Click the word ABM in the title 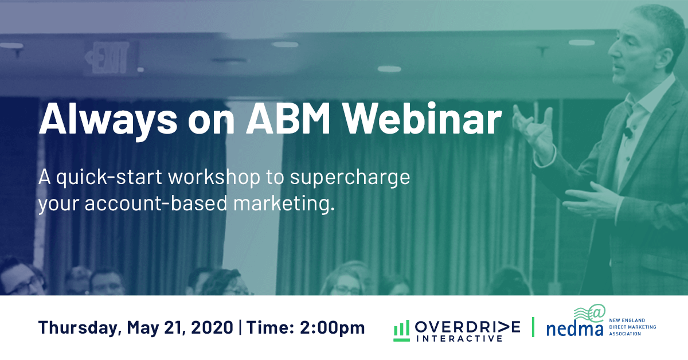click(x=288, y=119)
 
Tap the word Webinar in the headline click(x=422, y=118)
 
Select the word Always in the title click(x=108, y=122)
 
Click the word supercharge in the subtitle click(x=350, y=178)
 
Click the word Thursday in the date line click(x=79, y=327)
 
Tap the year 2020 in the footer click(x=212, y=327)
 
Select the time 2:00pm click(x=333, y=328)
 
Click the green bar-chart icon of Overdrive click(x=401, y=331)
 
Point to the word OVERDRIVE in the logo click(x=467, y=327)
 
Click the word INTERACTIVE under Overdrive click(x=459, y=338)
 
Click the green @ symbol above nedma click(x=597, y=311)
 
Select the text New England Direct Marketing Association click(x=632, y=327)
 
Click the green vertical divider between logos click(x=533, y=327)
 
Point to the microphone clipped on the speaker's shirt click(x=628, y=132)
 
